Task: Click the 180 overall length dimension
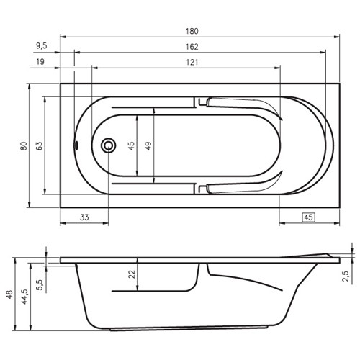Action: point(192,31)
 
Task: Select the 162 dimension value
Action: point(192,46)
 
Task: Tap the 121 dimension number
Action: point(192,62)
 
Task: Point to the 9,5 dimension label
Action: point(41,46)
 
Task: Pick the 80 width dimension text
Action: point(24,145)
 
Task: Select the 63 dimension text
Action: point(40,145)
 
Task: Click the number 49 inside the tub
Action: point(148,145)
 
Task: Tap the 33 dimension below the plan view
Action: point(84,217)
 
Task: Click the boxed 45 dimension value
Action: point(308,217)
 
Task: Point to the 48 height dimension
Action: point(9,294)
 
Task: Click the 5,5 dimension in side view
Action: point(40,284)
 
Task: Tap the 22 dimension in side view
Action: point(131,274)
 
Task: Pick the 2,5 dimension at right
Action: point(346,276)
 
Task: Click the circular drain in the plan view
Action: point(109,145)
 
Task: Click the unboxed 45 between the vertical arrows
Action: point(131,145)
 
